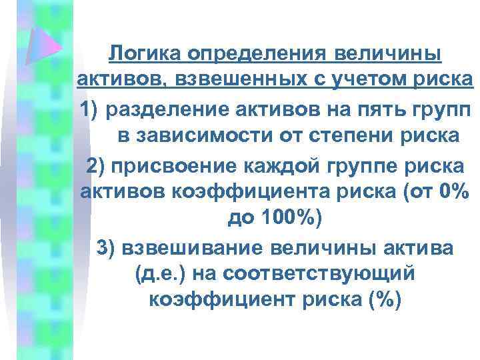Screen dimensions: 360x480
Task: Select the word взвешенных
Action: click(225, 80)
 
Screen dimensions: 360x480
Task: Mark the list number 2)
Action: click(96, 163)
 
